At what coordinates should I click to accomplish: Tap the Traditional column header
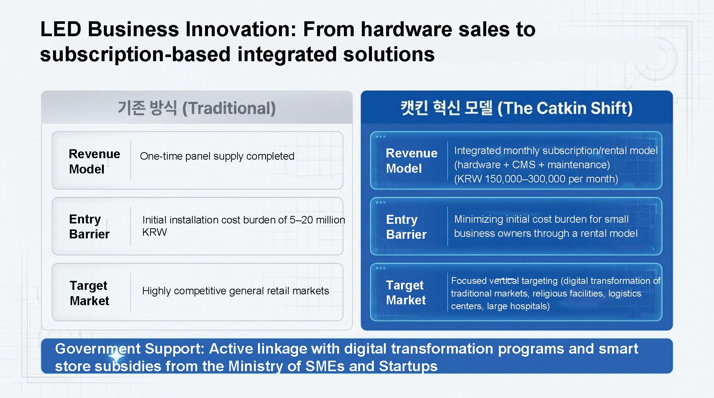click(196, 108)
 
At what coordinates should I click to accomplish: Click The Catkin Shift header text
click(516, 108)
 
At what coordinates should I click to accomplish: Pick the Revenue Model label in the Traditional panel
click(94, 161)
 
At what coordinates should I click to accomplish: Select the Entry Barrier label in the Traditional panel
click(89, 226)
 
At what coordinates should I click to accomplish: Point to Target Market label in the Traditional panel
click(89, 293)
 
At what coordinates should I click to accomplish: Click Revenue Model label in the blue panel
click(412, 160)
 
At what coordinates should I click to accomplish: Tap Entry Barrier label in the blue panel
click(406, 227)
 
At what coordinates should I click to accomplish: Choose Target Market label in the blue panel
click(406, 292)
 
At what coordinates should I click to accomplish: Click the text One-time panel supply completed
click(217, 156)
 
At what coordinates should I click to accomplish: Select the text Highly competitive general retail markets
click(236, 291)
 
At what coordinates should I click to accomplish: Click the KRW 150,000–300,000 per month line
click(536, 179)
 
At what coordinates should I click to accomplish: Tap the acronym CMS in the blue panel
click(524, 164)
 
